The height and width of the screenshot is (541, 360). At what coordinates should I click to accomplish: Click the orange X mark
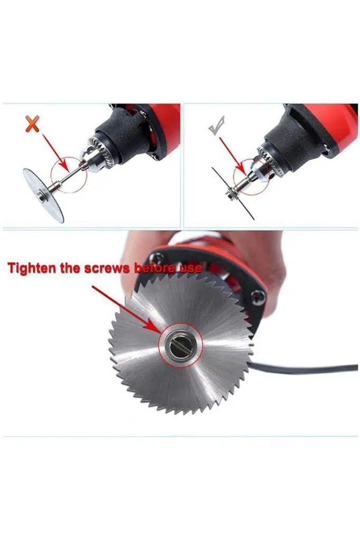(x=32, y=124)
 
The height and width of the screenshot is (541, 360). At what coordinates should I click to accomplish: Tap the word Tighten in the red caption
(x=32, y=268)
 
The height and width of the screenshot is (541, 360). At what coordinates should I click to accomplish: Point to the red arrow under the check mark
(x=232, y=156)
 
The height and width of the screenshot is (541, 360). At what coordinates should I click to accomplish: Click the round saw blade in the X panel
(x=44, y=195)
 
